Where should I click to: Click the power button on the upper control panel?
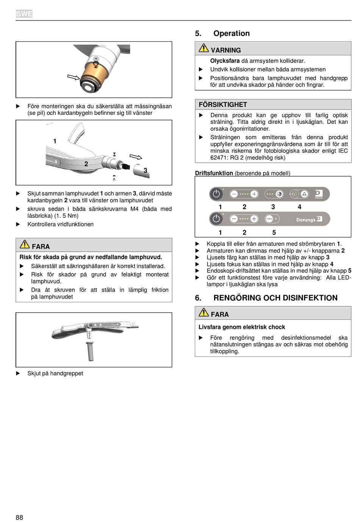216,194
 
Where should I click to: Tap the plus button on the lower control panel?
254,219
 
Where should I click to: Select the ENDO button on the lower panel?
269,219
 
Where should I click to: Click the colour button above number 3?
279,194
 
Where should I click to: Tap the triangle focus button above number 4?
304,194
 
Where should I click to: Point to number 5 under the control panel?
274,232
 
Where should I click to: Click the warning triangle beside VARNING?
204,48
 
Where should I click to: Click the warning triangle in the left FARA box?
25,244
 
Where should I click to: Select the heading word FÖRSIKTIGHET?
223,105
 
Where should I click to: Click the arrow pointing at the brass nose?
74,77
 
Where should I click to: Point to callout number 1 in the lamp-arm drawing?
55,141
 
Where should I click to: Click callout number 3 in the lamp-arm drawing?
145,170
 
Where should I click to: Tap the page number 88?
19,517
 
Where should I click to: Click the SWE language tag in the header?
24,14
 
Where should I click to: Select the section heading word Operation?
232,33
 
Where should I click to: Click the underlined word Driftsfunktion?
214,173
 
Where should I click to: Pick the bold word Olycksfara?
225,61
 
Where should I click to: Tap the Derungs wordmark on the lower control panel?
306,220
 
